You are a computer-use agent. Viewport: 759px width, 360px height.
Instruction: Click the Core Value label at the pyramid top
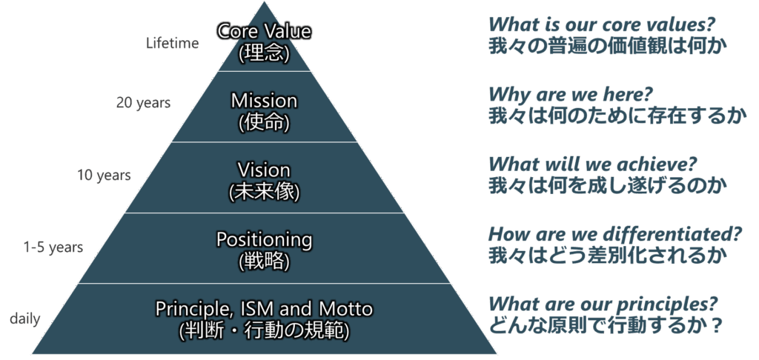[x=264, y=31]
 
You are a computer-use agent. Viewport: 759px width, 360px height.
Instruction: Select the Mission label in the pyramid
[x=264, y=101]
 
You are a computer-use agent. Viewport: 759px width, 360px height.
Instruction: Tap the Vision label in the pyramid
[x=264, y=170]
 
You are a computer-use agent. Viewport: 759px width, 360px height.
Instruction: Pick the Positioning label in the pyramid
[x=264, y=239]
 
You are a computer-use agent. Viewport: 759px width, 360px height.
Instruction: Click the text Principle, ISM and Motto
[x=264, y=309]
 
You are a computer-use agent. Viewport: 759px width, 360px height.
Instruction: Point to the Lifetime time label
[x=172, y=43]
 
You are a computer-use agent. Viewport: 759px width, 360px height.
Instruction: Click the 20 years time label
[x=143, y=103]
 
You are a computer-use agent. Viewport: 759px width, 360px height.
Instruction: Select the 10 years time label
[x=104, y=175]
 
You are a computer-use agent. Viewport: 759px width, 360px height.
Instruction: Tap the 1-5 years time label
[x=53, y=247]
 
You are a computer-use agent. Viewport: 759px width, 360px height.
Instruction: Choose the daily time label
[x=24, y=319]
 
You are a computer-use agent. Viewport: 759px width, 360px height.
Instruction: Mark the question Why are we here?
[x=571, y=94]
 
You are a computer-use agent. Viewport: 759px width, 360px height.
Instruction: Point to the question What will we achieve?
[x=593, y=164]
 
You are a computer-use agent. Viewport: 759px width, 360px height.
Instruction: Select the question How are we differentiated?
[x=614, y=234]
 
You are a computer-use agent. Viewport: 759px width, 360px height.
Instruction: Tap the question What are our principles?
[x=603, y=304]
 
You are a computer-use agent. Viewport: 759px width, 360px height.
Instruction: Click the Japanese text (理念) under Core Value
[x=264, y=53]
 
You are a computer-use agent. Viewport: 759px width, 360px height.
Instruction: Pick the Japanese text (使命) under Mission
[x=264, y=123]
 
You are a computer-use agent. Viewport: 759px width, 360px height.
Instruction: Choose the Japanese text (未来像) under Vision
[x=264, y=193]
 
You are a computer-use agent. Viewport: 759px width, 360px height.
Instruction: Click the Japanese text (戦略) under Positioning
[x=264, y=261]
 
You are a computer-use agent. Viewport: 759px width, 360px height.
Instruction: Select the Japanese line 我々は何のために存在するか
[x=614, y=116]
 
